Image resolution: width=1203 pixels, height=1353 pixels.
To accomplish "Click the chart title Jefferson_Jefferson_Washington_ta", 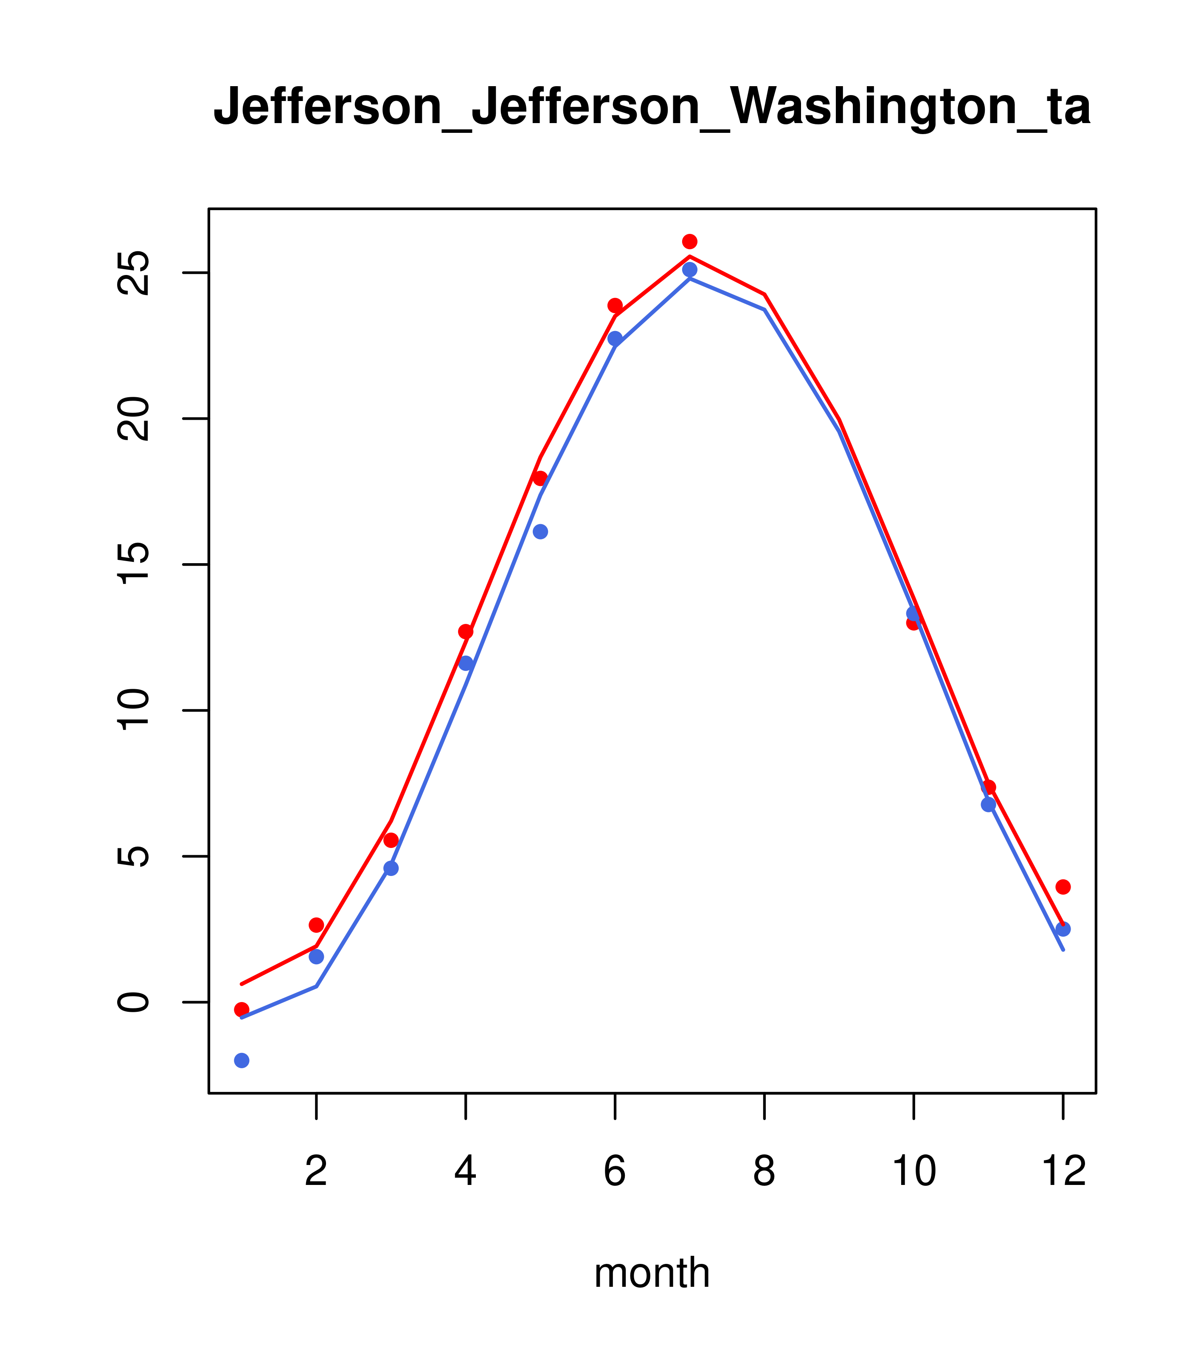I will pos(652,107).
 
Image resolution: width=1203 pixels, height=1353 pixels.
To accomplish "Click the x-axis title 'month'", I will pos(652,1272).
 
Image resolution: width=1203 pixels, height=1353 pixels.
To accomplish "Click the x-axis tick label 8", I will pos(764,1172).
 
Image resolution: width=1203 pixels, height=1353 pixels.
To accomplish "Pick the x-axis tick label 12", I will pos(1063,1172).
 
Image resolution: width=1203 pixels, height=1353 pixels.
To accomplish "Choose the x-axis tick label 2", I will pos(317,1172).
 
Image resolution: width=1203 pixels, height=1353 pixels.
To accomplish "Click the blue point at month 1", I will pos(242,1061).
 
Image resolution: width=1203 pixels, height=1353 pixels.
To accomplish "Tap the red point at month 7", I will pos(690,241).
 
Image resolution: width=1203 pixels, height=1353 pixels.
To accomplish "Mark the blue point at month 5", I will pos(540,531).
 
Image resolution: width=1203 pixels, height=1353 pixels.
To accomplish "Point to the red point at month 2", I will pos(317,925).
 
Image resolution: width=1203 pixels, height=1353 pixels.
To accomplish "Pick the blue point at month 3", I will pos(391,868).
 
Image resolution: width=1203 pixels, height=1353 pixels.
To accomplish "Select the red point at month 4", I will pos(466,632).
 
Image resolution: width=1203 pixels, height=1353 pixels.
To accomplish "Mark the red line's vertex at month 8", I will pos(765,295).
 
